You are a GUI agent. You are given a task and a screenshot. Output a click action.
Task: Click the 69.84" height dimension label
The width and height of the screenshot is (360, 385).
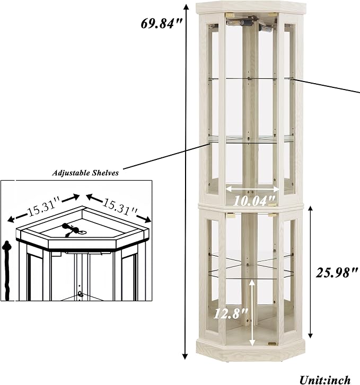[161, 24]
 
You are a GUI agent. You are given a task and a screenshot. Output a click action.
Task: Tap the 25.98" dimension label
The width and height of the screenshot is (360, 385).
[337, 273]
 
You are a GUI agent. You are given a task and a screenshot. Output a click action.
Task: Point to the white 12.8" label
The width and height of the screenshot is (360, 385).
[231, 314]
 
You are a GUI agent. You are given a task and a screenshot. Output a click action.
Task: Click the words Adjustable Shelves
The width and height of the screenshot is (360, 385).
[85, 173]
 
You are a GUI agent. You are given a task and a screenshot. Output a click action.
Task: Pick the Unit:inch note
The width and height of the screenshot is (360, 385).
[325, 380]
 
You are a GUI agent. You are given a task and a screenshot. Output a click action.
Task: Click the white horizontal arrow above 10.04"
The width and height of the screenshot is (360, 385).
[252, 189]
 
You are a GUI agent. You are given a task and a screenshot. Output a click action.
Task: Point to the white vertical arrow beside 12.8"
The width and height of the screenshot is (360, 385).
[252, 314]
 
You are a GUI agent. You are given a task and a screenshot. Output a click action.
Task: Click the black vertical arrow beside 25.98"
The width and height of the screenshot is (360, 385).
[310, 272]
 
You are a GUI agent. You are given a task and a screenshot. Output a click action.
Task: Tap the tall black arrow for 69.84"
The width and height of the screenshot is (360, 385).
[186, 182]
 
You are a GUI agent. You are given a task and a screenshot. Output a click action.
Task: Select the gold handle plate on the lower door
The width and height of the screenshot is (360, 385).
[272, 344]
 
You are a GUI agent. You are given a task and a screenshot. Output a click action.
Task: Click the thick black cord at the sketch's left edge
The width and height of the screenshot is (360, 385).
[7, 271]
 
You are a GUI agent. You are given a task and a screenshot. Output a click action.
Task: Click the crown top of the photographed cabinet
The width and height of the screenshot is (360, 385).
[251, 7]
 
